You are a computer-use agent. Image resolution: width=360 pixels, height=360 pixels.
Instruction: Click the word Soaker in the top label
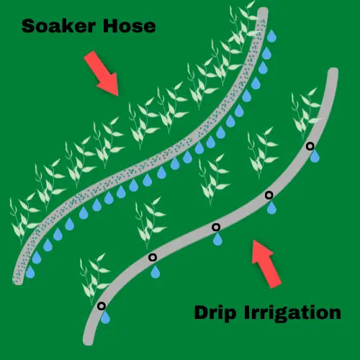coord(59,26)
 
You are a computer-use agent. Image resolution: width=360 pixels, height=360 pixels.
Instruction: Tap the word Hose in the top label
coord(130,26)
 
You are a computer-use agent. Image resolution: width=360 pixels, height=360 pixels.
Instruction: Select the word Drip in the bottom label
coord(215,313)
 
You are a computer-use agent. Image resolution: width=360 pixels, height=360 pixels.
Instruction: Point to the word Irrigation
coord(293,313)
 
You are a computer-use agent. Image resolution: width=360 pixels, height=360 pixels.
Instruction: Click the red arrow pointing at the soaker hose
coord(102,73)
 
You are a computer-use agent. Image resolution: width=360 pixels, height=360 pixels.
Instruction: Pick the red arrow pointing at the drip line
coord(266,264)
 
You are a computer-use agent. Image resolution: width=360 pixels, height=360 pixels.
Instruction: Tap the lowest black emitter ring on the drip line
coord(102,306)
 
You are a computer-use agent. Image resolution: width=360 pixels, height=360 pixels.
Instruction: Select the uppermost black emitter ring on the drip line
coord(310,146)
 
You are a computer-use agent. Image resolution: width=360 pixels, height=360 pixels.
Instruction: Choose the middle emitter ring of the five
coord(216,227)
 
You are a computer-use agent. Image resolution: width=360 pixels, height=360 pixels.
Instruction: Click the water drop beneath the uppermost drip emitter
coord(315,156)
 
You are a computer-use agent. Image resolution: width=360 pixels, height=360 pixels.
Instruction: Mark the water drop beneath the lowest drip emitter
coord(105,318)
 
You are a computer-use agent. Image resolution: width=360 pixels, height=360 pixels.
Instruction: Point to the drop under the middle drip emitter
coord(217,239)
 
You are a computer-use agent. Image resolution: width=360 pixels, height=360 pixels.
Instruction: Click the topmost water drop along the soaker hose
coord(271,36)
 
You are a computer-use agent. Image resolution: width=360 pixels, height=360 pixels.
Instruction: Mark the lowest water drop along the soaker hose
coord(30,271)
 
